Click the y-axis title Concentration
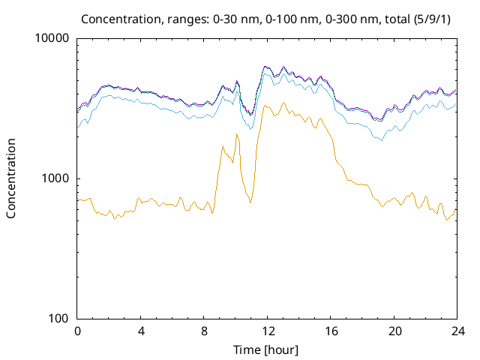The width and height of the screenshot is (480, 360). [x=11, y=178]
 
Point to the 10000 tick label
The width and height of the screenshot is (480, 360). [x=52, y=38]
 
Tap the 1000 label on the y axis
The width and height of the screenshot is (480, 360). [x=55, y=178]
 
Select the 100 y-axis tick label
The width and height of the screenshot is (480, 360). [x=58, y=319]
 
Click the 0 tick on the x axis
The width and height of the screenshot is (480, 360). [x=77, y=331]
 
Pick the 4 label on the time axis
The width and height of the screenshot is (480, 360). [x=140, y=331]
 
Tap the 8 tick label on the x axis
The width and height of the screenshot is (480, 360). [x=204, y=331]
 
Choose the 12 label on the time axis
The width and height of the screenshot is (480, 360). [x=267, y=331]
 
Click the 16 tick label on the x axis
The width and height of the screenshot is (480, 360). [x=331, y=331]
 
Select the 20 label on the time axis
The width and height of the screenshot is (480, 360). [x=394, y=331]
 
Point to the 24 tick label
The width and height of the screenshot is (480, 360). [x=457, y=331]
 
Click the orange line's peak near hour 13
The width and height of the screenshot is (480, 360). [x=283, y=103]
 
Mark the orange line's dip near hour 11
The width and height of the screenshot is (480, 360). [x=250, y=202]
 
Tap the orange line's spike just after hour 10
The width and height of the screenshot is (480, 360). [x=236, y=134]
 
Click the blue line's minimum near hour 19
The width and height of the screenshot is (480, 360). [x=381, y=140]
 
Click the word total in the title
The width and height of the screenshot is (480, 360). [x=401, y=18]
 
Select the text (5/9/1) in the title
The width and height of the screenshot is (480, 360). [x=437, y=18]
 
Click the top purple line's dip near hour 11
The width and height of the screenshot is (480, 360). [x=251, y=114]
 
